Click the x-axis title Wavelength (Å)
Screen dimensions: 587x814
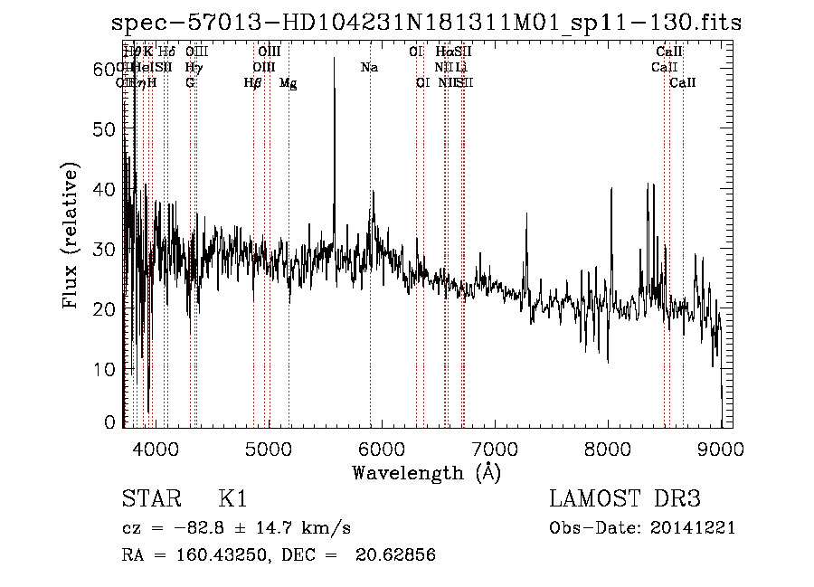pyautogui.click(x=425, y=472)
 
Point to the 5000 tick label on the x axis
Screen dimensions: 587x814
pyautogui.click(x=268, y=449)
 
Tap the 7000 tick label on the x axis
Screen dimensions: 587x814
pyautogui.click(x=495, y=449)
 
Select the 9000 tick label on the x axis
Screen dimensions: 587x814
pyautogui.click(x=721, y=449)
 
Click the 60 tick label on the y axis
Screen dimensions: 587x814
pyautogui.click(x=106, y=69)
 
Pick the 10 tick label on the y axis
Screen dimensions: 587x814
pyautogui.click(x=106, y=369)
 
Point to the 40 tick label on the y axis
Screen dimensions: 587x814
pyautogui.click(x=106, y=189)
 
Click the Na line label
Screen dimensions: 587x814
pyautogui.click(x=369, y=68)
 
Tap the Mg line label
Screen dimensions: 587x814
pyautogui.click(x=288, y=83)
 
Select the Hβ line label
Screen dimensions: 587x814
pyautogui.click(x=252, y=83)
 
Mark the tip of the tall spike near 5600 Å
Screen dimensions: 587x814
pyautogui.click(x=335, y=58)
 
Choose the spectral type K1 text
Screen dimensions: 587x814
pyautogui.click(x=232, y=500)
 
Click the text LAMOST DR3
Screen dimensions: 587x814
pyautogui.click(x=625, y=500)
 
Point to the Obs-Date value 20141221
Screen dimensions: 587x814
pyautogui.click(x=696, y=528)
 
